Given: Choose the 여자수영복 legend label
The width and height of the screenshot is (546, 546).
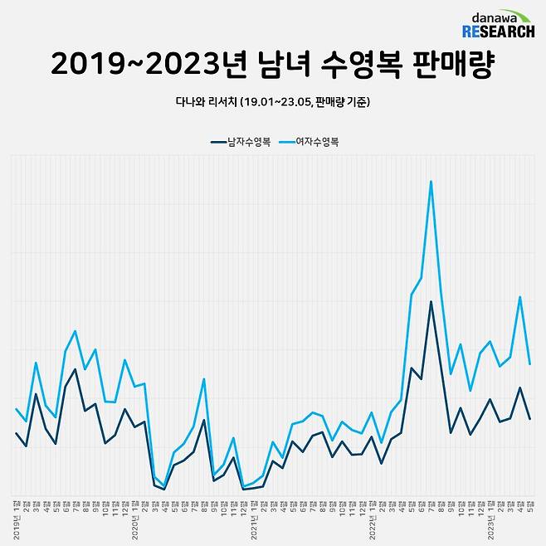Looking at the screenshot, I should click(319, 141).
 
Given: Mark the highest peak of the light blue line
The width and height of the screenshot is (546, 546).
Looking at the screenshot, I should click(431, 181).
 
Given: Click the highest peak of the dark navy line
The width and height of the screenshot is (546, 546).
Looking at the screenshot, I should click(431, 301).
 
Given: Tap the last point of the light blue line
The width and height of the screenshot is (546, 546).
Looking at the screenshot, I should click(529, 363).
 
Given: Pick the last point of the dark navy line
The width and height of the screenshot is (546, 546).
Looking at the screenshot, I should click(529, 418).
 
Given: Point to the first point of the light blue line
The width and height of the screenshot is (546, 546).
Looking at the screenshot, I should click(17, 409).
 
